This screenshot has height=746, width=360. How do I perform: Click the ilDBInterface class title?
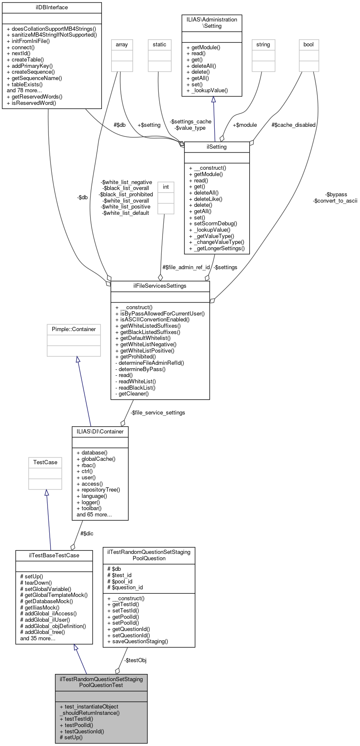pos(52,8)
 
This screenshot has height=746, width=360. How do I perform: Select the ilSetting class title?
pos(217,147)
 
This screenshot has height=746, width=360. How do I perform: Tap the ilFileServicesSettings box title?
pos(160,286)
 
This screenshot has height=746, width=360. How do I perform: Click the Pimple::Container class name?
pos(74,329)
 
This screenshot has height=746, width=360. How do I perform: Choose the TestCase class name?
pos(45,463)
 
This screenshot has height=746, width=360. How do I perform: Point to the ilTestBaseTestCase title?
pos(54,556)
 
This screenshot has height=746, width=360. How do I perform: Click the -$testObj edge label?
pos(135,660)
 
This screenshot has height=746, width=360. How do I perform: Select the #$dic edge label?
pos(87,534)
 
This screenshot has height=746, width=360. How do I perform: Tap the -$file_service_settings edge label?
pos(157,413)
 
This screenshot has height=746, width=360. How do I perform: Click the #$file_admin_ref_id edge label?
pos(186,267)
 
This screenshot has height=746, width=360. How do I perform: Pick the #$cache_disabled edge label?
pos(293,125)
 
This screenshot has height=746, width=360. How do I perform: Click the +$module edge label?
pos(245,125)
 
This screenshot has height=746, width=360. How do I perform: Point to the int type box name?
pos(166,187)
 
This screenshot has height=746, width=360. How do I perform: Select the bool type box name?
pos(309,45)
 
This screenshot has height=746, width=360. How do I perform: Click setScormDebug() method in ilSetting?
pos(216,224)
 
